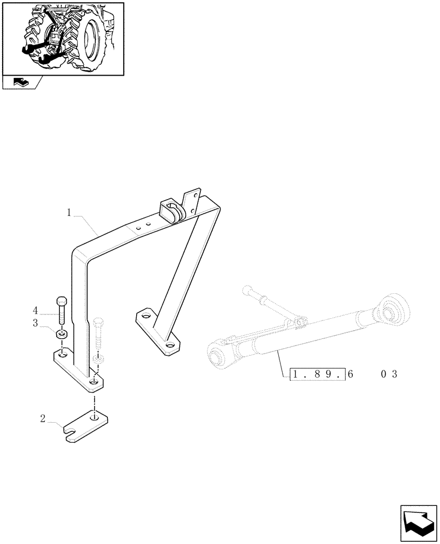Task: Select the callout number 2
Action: pyautogui.click(x=42, y=419)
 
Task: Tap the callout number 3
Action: pyautogui.click(x=50, y=324)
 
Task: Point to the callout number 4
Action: pyautogui.click(x=50, y=311)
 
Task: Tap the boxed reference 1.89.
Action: pyautogui.click(x=317, y=374)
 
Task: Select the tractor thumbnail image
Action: pyautogui.click(x=63, y=38)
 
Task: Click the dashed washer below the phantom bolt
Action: pyautogui.click(x=99, y=360)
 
